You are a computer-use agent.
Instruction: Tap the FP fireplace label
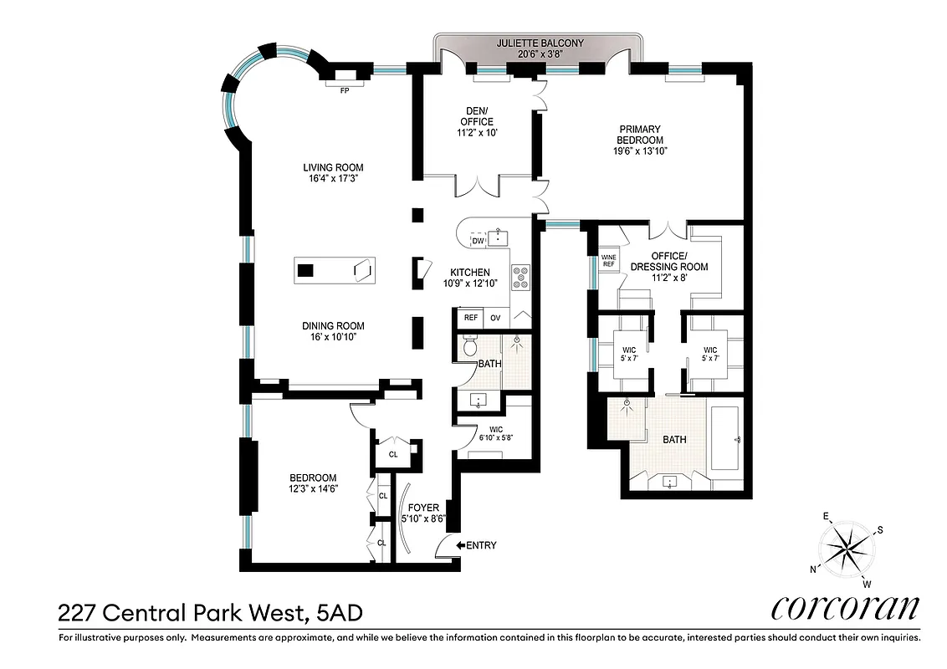coord(344,90)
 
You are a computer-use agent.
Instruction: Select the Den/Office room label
coord(479,116)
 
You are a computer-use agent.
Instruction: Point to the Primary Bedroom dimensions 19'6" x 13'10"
coord(640,151)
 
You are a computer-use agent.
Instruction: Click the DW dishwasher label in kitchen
coord(478,241)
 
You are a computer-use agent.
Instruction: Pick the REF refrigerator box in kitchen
coord(470,318)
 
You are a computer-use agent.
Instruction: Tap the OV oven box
coord(494,318)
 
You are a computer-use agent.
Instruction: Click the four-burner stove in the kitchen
coord(520,277)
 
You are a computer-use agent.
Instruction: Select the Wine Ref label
coord(608,260)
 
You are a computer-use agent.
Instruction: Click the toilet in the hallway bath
coord(469,345)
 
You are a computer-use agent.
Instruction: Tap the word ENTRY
coord(481,545)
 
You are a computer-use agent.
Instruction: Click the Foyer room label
coord(424,508)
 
